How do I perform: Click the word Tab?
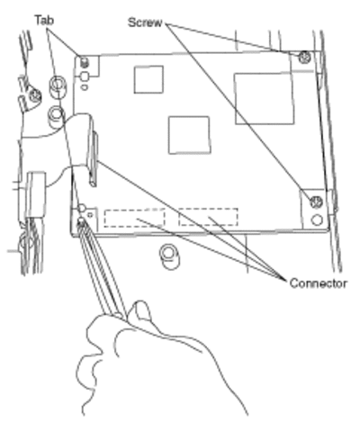click(44, 21)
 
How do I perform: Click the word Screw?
click(145, 22)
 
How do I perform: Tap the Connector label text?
click(319, 283)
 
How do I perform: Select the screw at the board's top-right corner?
click(305, 58)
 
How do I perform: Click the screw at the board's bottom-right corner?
click(316, 202)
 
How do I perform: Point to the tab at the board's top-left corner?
click(85, 62)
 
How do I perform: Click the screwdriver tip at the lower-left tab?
click(81, 222)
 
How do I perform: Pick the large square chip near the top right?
click(264, 99)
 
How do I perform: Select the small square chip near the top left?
click(148, 79)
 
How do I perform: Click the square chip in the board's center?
click(189, 135)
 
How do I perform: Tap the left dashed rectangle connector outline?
click(134, 218)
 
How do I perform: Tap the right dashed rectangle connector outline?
click(208, 217)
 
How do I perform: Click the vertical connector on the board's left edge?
click(94, 159)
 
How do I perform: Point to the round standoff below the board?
click(169, 257)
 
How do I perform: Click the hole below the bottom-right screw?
click(317, 220)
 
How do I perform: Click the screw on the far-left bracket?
click(35, 96)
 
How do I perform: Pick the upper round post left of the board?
click(58, 87)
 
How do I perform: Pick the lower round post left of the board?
click(56, 117)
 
